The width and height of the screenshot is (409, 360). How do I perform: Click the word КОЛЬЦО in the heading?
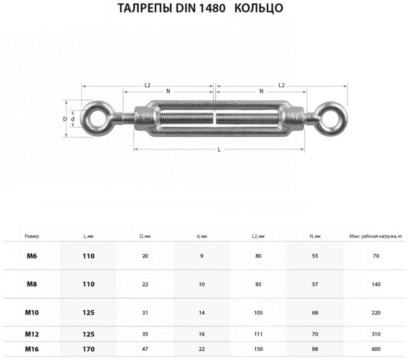point(259,8)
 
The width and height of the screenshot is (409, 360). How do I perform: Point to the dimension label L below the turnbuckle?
point(219,150)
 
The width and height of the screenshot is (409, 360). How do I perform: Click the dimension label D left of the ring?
point(65,119)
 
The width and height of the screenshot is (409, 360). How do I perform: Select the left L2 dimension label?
point(147,85)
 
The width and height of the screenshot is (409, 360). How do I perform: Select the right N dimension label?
point(261,91)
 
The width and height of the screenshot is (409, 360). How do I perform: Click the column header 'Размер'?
point(32,236)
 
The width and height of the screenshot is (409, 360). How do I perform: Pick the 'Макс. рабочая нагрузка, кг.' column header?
point(376,236)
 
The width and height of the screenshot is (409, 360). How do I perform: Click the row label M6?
point(32,256)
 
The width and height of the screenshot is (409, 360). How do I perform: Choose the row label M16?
point(32,349)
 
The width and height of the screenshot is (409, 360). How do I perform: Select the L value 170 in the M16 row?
point(89,349)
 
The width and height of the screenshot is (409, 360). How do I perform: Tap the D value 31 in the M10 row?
point(145,312)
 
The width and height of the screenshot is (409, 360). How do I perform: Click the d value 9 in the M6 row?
point(202,256)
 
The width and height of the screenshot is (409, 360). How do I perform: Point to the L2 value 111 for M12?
point(258,334)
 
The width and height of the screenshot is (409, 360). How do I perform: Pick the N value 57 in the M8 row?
point(315,284)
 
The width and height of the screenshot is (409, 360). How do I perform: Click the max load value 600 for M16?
point(376,349)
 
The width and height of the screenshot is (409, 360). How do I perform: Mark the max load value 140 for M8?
point(376,284)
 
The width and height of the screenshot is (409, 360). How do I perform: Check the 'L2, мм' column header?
point(258,236)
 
